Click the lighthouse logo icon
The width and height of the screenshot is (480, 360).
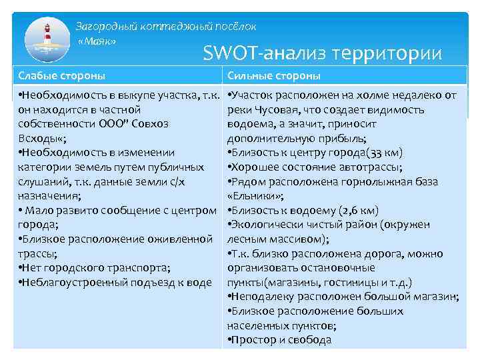[x=47, y=40]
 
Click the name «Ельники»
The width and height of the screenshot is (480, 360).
[x=256, y=196]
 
